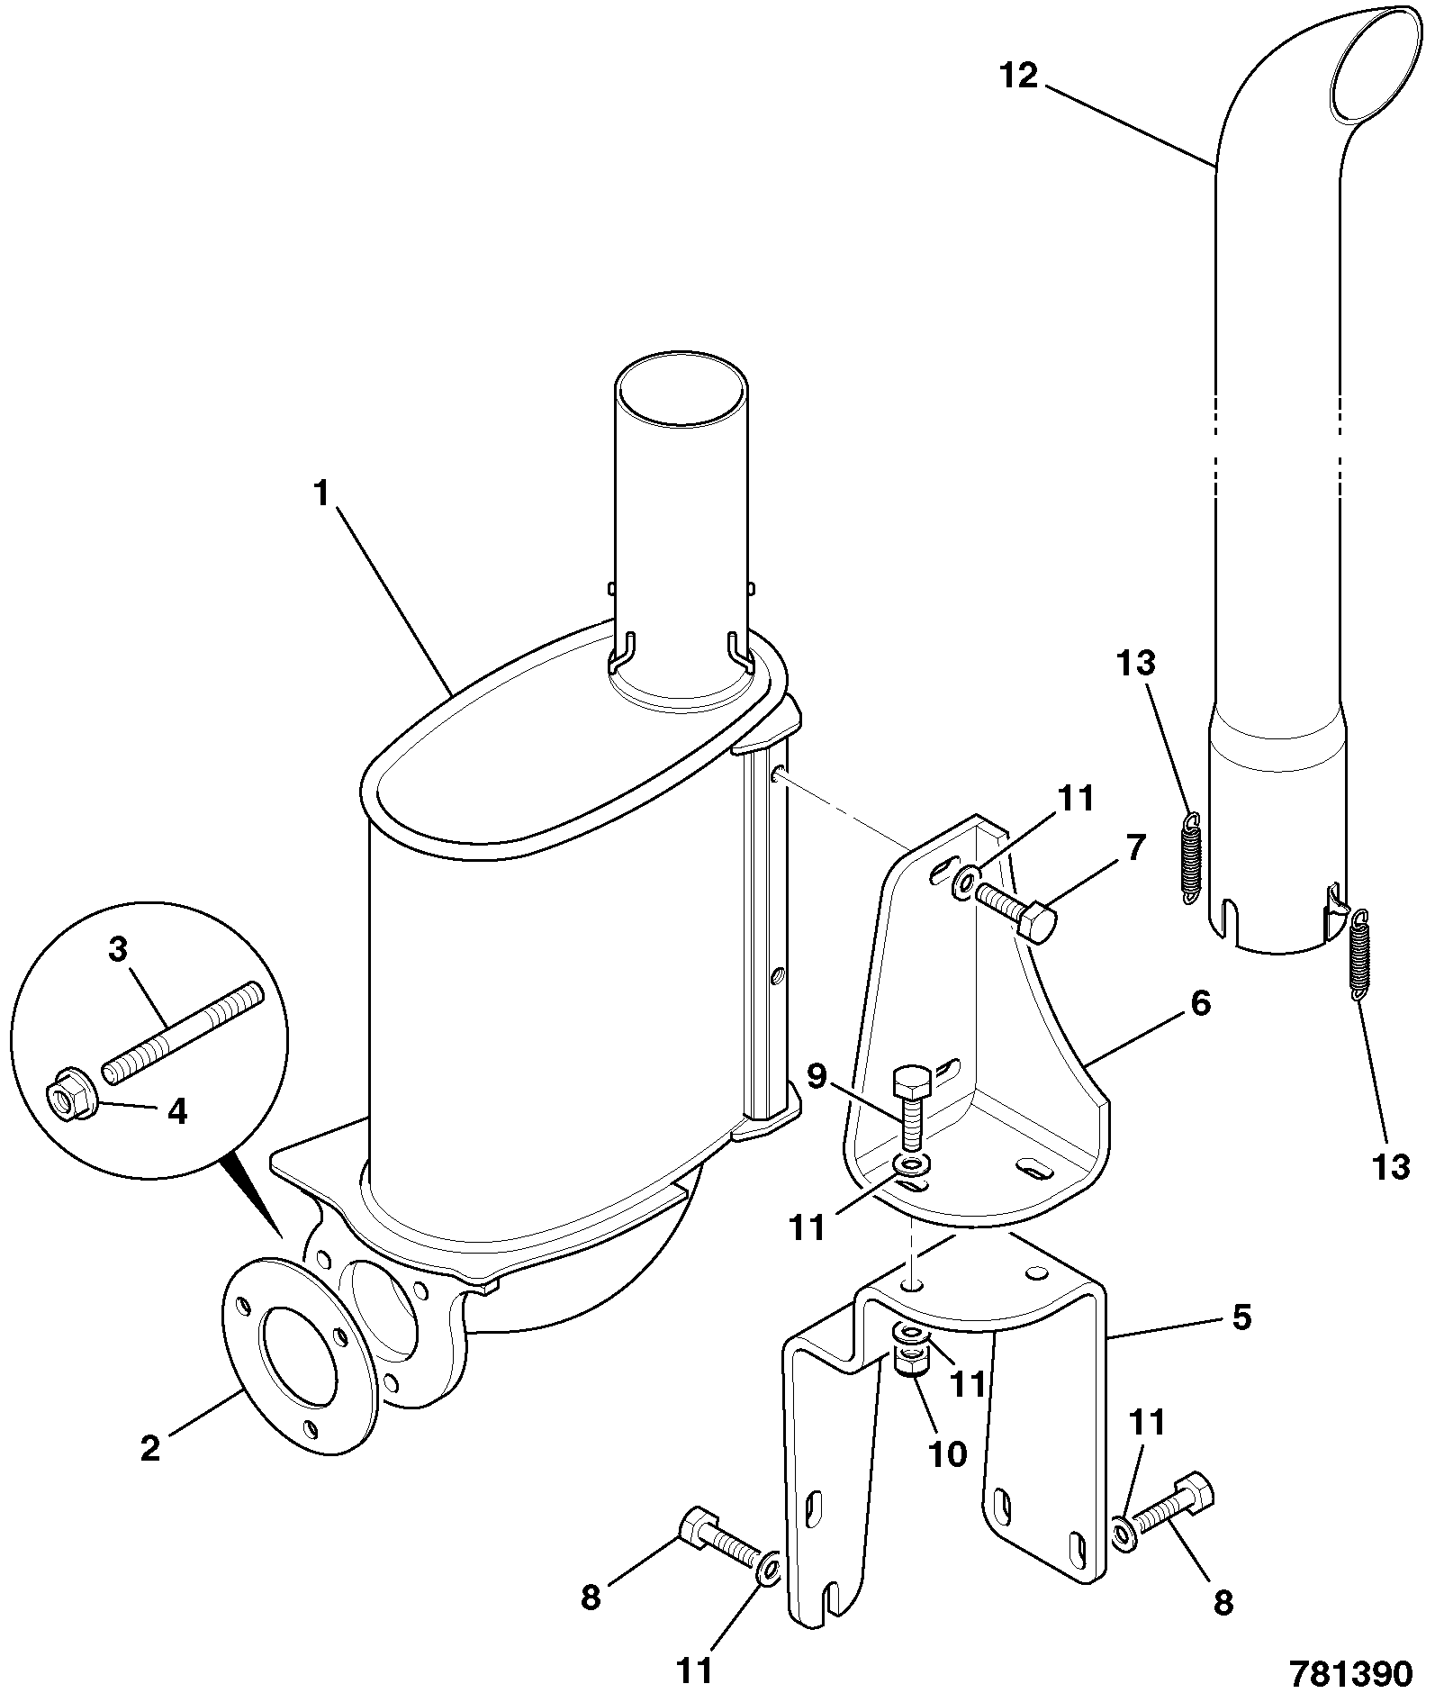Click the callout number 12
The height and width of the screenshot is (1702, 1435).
click(x=1019, y=77)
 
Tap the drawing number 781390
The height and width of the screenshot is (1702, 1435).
click(x=1350, y=1673)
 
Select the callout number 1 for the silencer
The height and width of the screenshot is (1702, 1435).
click(x=321, y=494)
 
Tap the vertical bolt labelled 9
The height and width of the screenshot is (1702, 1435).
click(x=910, y=1108)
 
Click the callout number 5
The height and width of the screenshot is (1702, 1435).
click(x=1241, y=1319)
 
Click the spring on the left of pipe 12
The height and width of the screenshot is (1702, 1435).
click(x=1190, y=856)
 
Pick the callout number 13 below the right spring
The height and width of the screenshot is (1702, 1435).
click(x=1391, y=1167)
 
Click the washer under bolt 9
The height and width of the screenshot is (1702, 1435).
click(x=912, y=1166)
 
